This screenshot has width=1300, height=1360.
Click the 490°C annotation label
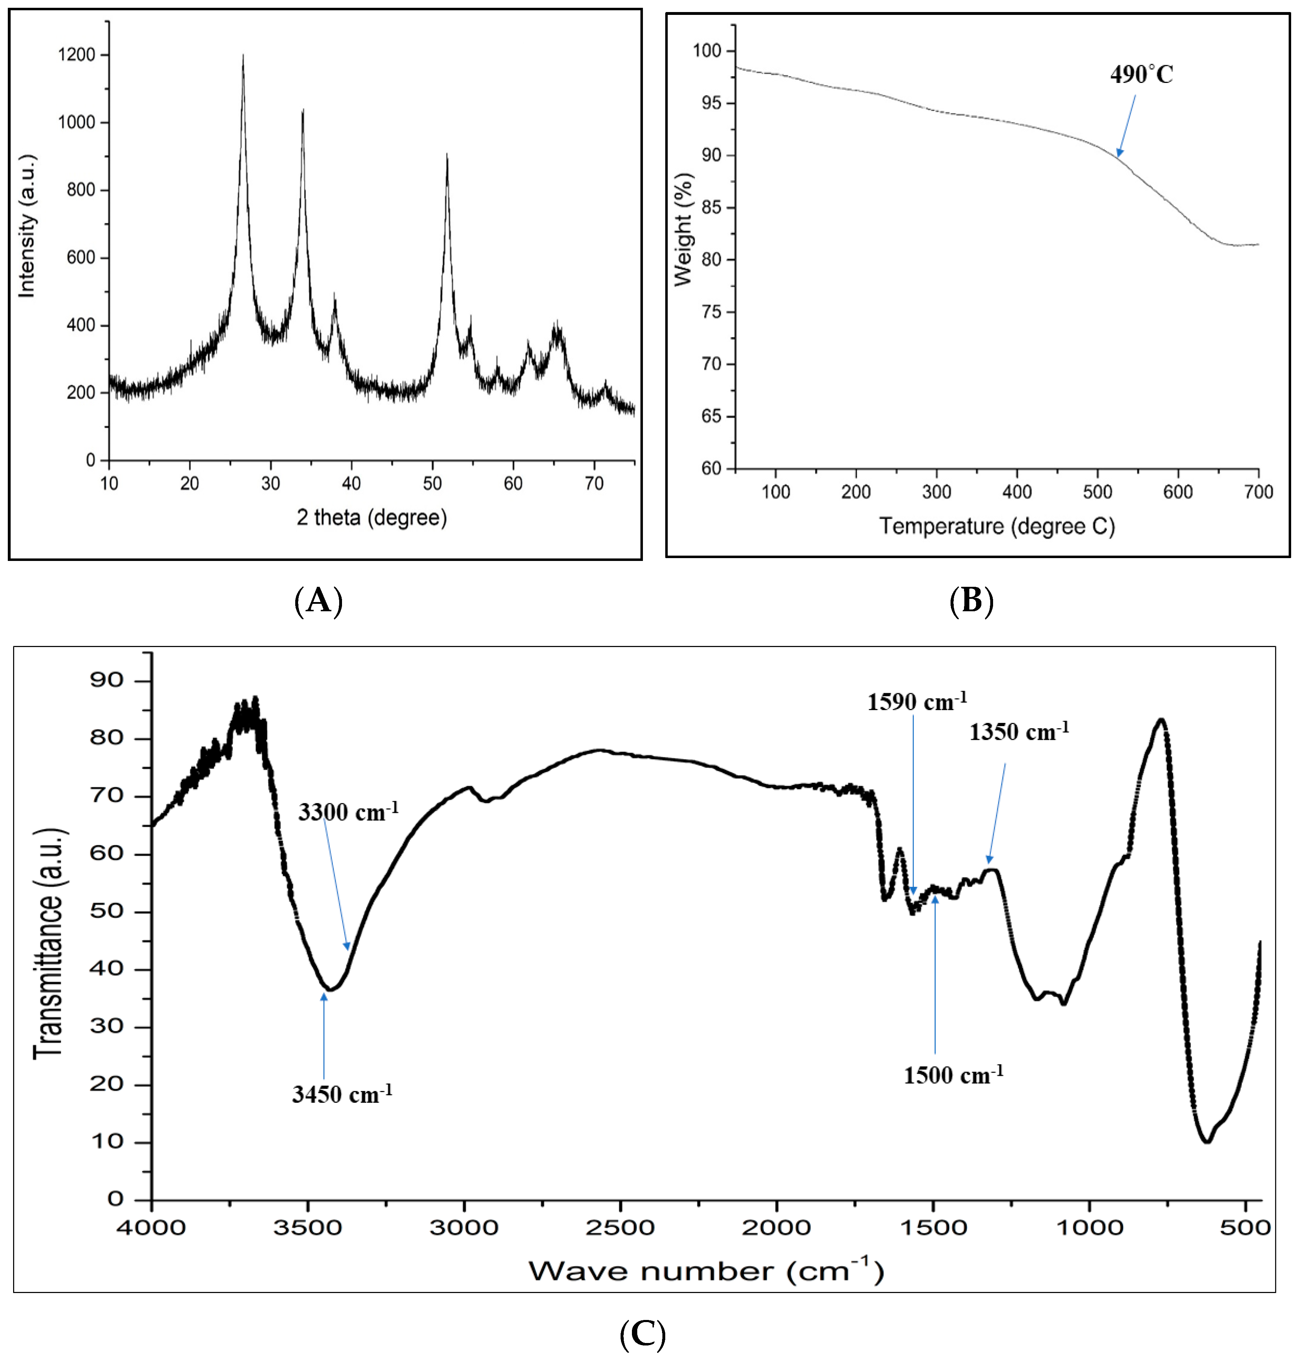tap(1141, 75)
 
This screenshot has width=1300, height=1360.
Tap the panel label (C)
tap(642, 1334)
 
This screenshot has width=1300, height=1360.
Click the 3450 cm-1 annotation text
tap(342, 1095)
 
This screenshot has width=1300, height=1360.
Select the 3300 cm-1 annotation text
tap(348, 812)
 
